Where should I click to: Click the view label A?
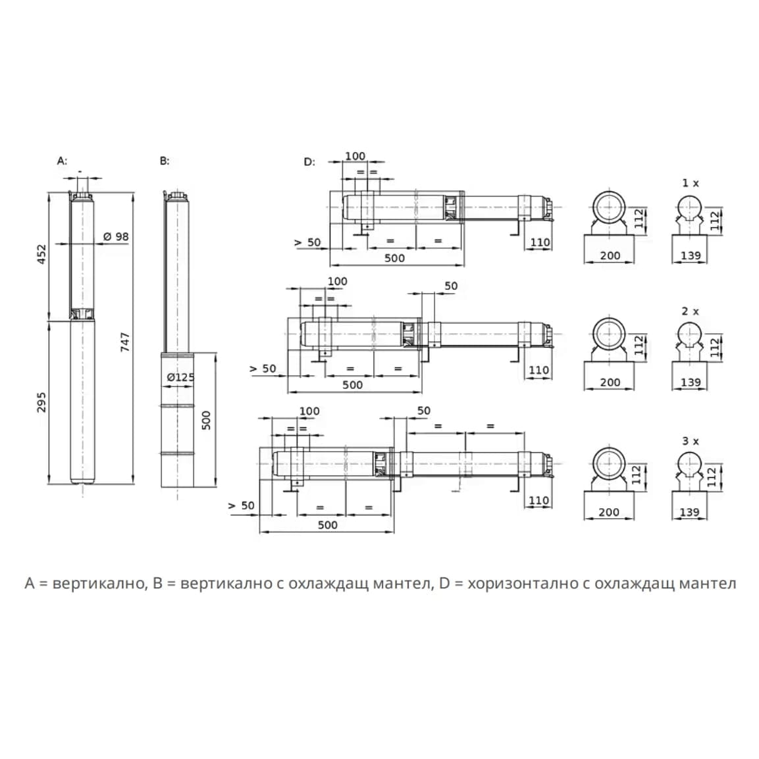click(62, 161)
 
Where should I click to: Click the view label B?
click(165, 161)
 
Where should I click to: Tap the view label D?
click(309, 162)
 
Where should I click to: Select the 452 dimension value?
click(41, 255)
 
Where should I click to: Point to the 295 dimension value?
click(41, 402)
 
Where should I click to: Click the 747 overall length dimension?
click(125, 342)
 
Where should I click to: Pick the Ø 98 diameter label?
click(117, 236)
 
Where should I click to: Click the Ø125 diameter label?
click(180, 377)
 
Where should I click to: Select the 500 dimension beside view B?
click(206, 420)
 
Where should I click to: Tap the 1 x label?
click(691, 183)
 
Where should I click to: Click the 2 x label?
click(691, 311)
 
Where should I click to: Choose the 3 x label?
click(691, 441)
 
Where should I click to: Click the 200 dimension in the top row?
click(610, 255)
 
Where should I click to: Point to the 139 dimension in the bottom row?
click(689, 512)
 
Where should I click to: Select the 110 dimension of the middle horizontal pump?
click(538, 370)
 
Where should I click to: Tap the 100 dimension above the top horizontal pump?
click(355, 156)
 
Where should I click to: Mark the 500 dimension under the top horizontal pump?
click(394, 258)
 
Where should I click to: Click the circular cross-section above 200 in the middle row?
click(609, 335)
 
